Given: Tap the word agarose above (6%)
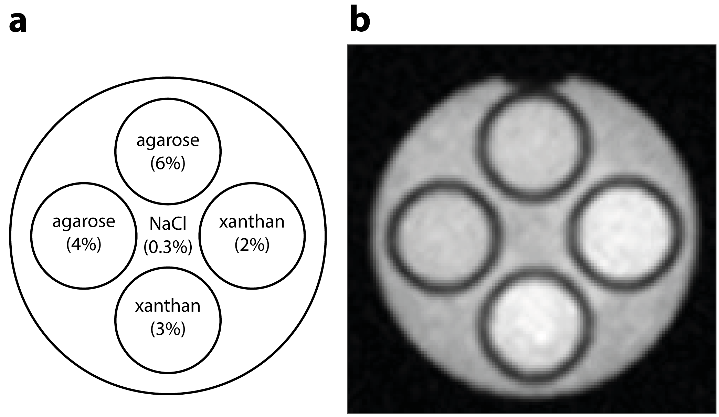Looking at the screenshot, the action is [168, 140].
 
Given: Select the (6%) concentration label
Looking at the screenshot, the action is [168, 164].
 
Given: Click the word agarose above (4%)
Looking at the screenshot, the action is [84, 221].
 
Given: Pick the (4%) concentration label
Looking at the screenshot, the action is [84, 245].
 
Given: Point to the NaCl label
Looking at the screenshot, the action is [168, 224].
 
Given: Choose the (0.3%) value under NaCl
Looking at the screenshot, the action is [168, 247].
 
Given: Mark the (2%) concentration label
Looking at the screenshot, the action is [252, 245].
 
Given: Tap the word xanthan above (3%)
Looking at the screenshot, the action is [168, 306].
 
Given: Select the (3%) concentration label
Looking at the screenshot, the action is [168, 329].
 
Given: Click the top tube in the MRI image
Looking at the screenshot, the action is [532, 145].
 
